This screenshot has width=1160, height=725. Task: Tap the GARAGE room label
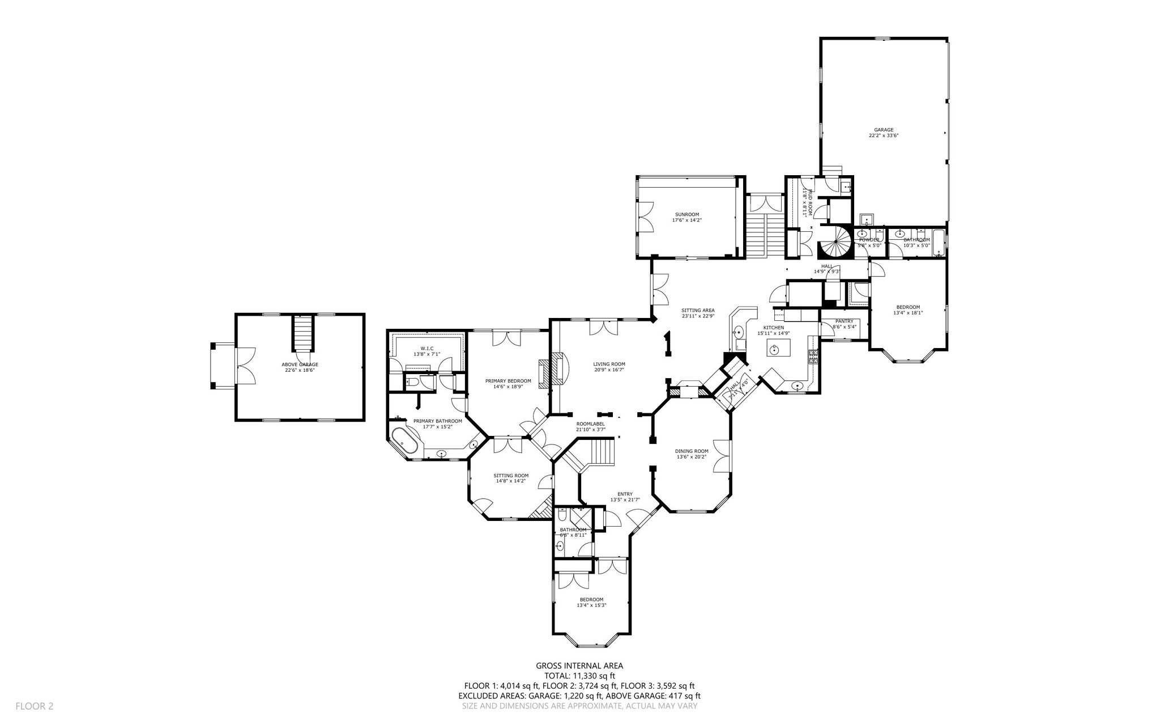pos(884,130)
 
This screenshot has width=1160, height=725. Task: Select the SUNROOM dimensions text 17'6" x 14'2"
pos(686,220)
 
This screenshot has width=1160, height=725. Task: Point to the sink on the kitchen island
pos(774,349)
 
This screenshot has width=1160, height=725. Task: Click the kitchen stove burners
pos(813,356)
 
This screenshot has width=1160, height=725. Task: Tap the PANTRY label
pos(844,321)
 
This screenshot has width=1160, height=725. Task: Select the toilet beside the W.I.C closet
pos(413,383)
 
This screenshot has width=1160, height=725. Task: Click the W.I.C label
pos(427,348)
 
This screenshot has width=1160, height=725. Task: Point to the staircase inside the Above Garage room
pos(302,334)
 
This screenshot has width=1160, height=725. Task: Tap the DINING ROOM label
pos(692,451)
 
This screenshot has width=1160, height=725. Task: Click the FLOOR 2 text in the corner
pos(34,706)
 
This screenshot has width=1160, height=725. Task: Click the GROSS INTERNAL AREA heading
pos(579,666)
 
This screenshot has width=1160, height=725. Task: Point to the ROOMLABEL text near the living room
pos(590,424)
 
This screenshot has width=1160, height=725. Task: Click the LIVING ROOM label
pos(609,364)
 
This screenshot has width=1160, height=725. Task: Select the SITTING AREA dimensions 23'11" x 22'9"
pos(698,316)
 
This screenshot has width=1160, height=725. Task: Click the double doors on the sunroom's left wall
pos(645,218)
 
